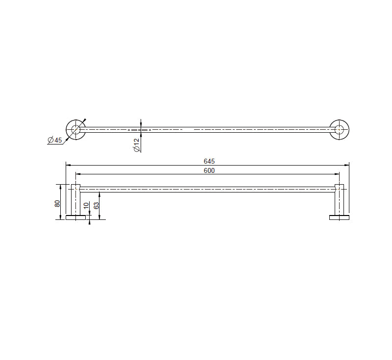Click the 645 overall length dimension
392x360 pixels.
point(209,161)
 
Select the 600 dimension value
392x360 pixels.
point(209,170)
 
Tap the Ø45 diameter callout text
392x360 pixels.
point(55,141)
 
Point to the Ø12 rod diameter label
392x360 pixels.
point(137,144)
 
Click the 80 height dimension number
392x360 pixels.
point(58,202)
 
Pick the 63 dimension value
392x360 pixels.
point(97,205)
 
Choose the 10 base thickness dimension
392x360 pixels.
point(86,206)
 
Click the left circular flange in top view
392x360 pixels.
point(75,130)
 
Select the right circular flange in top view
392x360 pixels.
point(339,130)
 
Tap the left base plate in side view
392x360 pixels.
point(75,217)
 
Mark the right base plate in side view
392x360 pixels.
point(339,217)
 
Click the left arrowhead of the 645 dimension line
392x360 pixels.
point(68,165)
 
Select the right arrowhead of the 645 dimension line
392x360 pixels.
point(347,165)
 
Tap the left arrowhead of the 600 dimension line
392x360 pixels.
point(77,174)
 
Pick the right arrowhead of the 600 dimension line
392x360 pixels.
point(338,174)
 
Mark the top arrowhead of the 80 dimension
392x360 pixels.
point(61,186)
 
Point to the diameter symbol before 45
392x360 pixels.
point(50,141)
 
